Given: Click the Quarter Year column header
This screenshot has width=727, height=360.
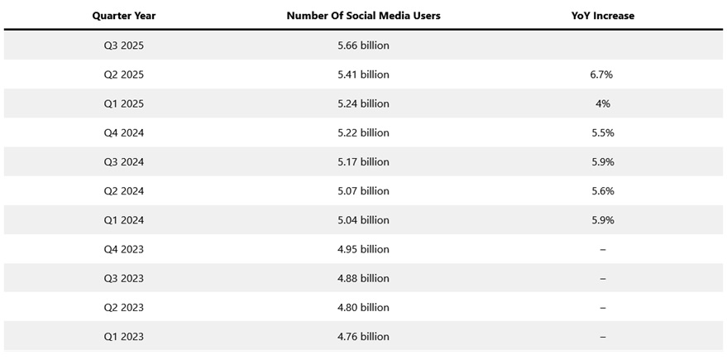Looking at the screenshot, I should tap(123, 16).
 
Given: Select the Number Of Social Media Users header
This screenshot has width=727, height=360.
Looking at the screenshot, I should tap(363, 16).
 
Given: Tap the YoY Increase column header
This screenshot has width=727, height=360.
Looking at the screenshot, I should tap(601, 16).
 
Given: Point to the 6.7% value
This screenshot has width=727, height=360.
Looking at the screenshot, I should tap(601, 74).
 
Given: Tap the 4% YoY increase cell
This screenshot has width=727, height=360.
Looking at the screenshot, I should tap(601, 103).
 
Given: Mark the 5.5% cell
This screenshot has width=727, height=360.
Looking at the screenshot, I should tap(601, 132).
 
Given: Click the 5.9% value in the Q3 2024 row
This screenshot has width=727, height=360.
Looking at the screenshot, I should tap(601, 162).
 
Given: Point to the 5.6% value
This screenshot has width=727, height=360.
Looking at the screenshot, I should tap(601, 191).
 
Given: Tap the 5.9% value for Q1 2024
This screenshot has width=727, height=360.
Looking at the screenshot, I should tap(601, 220).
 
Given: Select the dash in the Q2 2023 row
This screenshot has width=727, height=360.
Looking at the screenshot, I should tap(601, 308).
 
